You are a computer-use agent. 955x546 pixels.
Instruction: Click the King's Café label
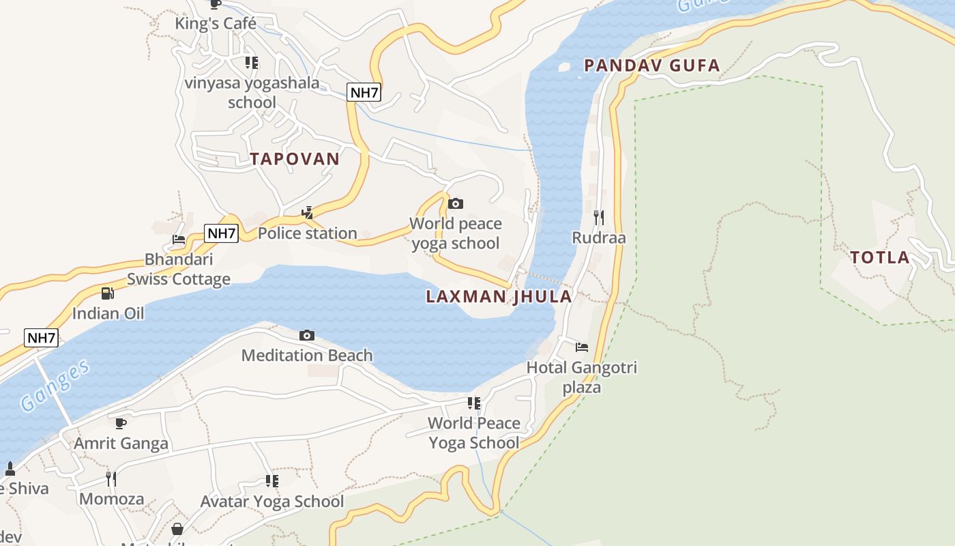pos(216,24)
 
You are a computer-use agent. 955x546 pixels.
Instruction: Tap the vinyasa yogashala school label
pos(252,93)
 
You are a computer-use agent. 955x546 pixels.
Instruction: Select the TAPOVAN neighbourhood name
pos(294,159)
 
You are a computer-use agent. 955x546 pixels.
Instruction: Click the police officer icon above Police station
pos(307,213)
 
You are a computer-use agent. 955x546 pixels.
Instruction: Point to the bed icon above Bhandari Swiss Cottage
pos(179,240)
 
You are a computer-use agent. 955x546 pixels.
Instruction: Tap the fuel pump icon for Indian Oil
pos(107,293)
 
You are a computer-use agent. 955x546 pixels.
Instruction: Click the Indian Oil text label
pos(108,314)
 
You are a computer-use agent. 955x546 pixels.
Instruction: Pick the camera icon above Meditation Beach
pos(307,335)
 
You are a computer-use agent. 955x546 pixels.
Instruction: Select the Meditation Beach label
pos(307,356)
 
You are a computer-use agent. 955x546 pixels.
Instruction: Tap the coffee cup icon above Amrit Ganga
pos(121,423)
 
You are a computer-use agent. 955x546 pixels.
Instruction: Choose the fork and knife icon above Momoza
pos(111,478)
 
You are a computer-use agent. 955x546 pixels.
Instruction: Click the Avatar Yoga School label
pos(271,502)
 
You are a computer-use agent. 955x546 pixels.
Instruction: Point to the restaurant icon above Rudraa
pos(598,218)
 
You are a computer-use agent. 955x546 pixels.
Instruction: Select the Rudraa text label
pos(598,238)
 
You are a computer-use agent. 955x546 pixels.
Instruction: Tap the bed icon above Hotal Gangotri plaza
pos(581,347)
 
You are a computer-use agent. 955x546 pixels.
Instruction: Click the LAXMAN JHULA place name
pos(499,297)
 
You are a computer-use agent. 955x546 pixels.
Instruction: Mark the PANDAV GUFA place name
pos(651,66)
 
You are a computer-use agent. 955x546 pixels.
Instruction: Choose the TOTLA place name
pos(879,258)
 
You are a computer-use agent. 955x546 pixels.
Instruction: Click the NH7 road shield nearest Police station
pos(221,233)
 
